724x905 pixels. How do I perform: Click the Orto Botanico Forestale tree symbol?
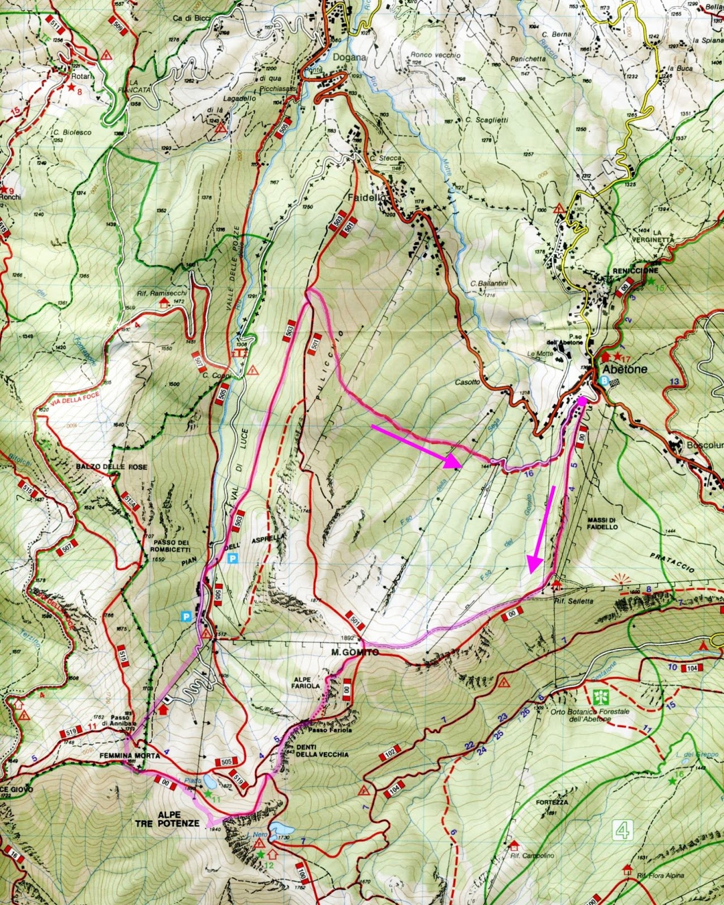(x=600, y=695)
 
